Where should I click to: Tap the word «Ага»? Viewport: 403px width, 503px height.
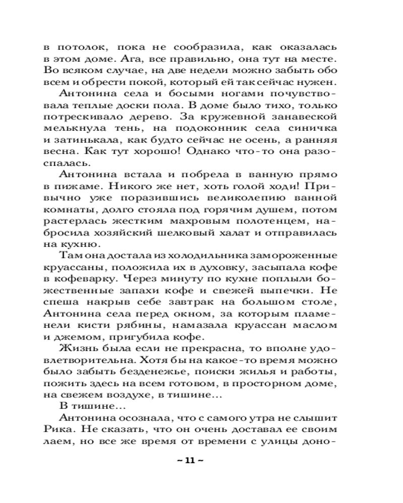click(x=123, y=58)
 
